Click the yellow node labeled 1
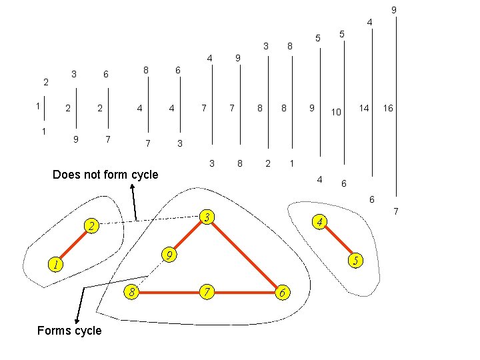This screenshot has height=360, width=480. pyautogui.click(x=56, y=265)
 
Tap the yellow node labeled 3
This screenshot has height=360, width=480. pyautogui.click(x=208, y=217)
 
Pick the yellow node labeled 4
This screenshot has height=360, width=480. pyautogui.click(x=320, y=221)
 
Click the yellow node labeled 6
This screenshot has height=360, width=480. pyautogui.click(x=283, y=293)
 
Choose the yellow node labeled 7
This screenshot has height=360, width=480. pyautogui.click(x=208, y=291)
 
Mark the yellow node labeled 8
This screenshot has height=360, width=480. pyautogui.click(x=133, y=291)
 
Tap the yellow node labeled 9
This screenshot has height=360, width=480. pyautogui.click(x=171, y=255)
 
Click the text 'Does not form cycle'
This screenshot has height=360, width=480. pyautogui.click(x=105, y=175)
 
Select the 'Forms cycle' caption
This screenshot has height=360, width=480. pyautogui.click(x=69, y=331)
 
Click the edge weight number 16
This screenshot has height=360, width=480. pyautogui.click(x=388, y=107)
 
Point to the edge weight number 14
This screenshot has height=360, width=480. pyautogui.click(x=364, y=107)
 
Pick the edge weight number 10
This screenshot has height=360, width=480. pyautogui.click(x=337, y=113)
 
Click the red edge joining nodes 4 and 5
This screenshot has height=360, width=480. pyautogui.click(x=339, y=241)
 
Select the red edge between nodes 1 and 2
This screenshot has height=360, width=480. pyautogui.click(x=75, y=246)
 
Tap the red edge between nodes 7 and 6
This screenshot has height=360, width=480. pyautogui.click(x=245, y=292)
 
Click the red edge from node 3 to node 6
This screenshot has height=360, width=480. pyautogui.click(x=245, y=255)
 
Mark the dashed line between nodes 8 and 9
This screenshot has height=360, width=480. pyautogui.click(x=152, y=273)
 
